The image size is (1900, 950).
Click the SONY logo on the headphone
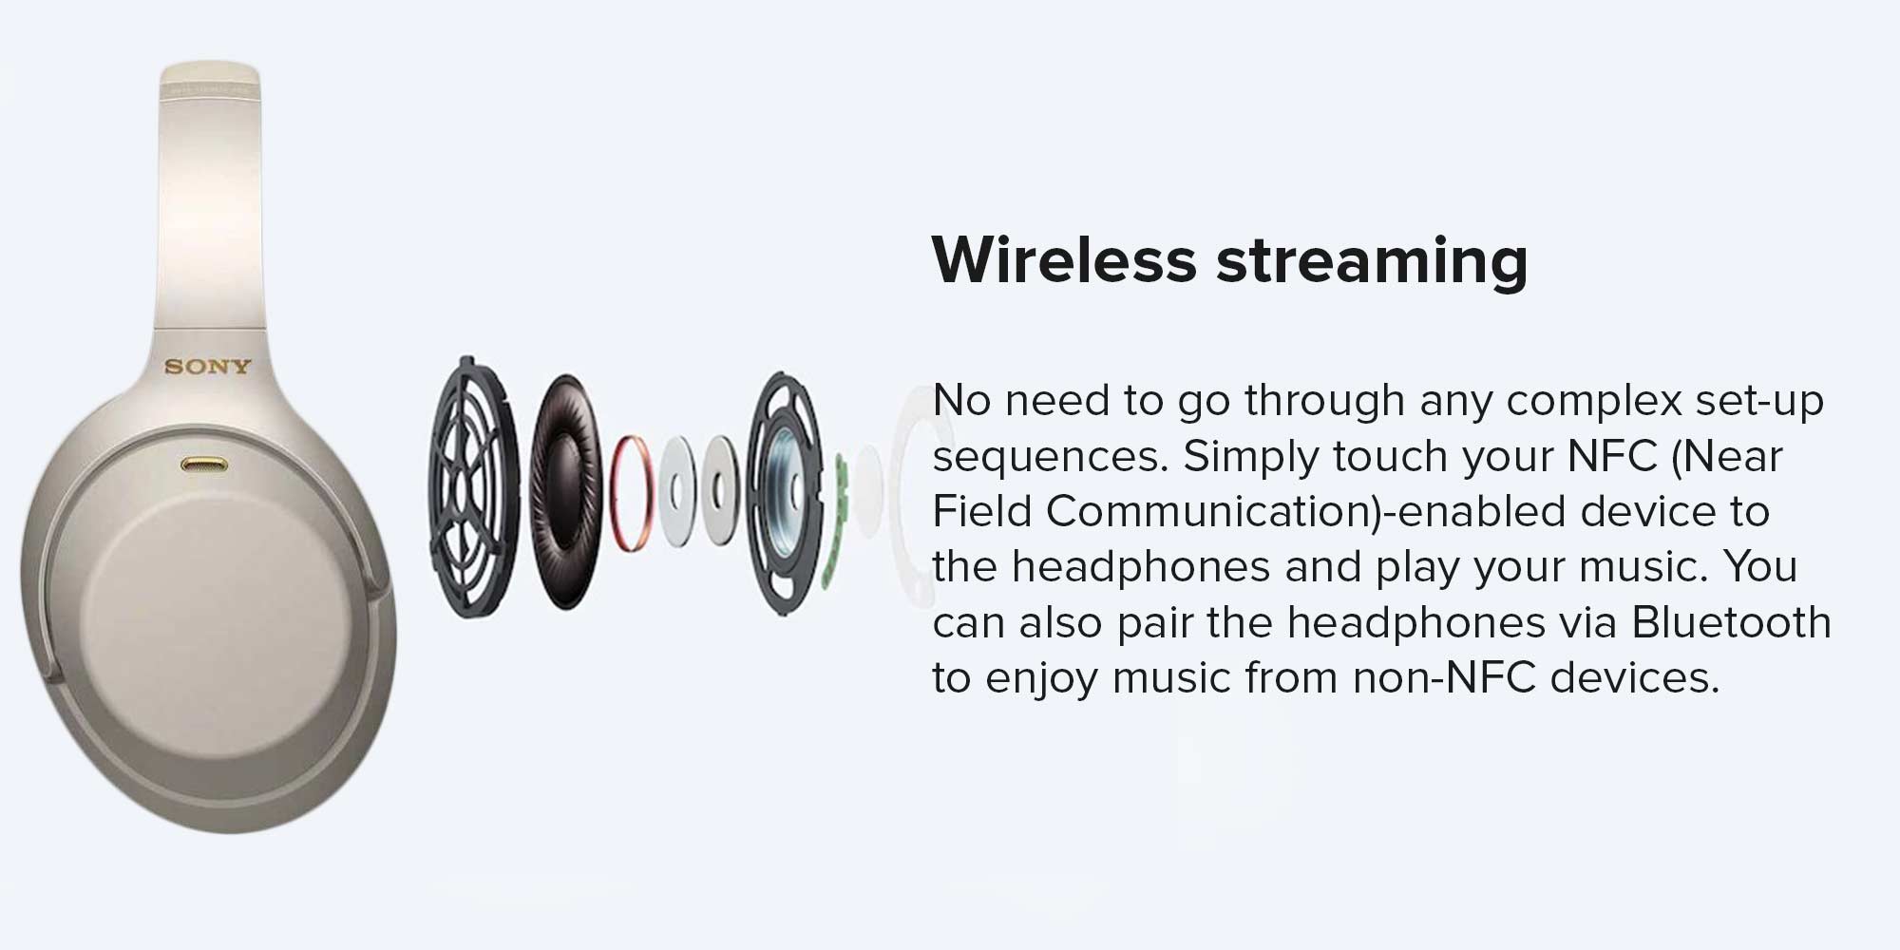[x=207, y=367]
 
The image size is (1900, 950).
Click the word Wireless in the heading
[x=1064, y=258]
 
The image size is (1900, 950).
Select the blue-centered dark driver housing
[x=785, y=494]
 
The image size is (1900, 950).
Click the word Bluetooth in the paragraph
[x=1731, y=622]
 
